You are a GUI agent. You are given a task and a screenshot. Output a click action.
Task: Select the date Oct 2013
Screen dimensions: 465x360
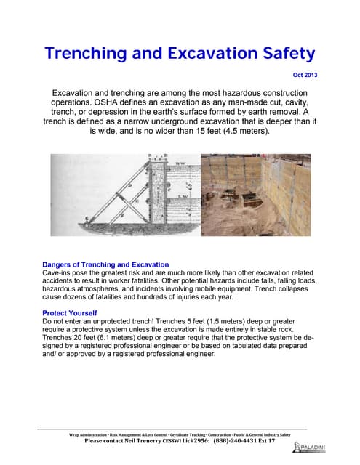303,76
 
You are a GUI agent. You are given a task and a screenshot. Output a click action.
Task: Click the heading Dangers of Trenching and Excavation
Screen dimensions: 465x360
105,264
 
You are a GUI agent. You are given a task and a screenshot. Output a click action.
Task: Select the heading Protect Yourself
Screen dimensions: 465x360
70,312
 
